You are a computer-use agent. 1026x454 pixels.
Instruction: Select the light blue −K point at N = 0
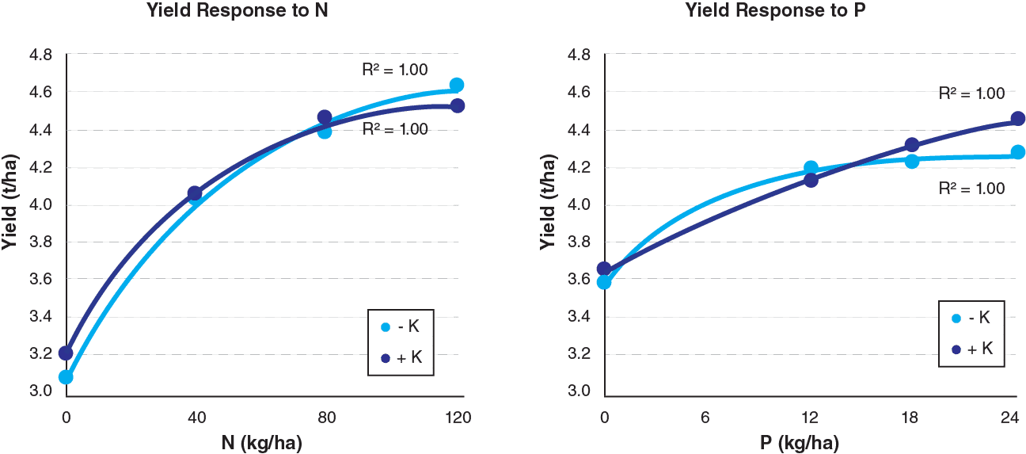click(66, 377)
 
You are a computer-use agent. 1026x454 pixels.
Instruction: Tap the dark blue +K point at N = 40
click(195, 193)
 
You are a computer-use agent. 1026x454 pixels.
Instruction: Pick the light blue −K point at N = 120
click(457, 85)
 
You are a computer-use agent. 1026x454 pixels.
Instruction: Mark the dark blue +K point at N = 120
click(458, 105)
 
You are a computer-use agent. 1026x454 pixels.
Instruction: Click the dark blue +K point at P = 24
click(1018, 119)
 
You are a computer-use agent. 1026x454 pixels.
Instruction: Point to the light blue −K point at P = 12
click(811, 167)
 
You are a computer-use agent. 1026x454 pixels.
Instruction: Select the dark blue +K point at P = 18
click(911, 145)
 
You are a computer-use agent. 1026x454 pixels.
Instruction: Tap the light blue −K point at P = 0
click(604, 282)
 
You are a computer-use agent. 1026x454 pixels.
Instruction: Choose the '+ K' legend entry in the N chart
click(402, 357)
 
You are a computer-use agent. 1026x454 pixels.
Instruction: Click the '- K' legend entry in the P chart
click(971, 318)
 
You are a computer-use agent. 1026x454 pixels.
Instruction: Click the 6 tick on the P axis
click(705, 418)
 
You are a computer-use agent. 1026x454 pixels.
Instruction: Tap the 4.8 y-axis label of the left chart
click(40, 55)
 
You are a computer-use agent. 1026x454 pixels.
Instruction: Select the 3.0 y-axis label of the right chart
click(579, 391)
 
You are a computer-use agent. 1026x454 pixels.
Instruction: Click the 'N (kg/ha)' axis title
click(261, 441)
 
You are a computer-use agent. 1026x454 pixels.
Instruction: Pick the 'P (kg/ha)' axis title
click(800, 441)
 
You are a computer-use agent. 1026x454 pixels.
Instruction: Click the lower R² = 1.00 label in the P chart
click(971, 189)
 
